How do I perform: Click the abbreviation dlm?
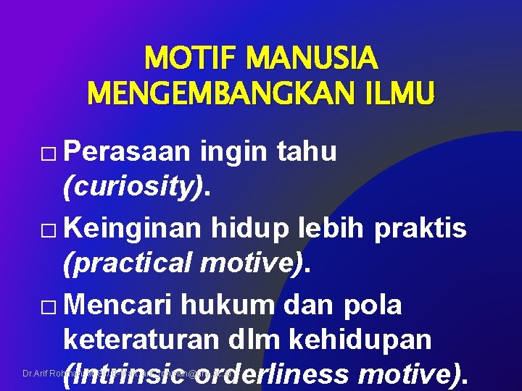point(284,340)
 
